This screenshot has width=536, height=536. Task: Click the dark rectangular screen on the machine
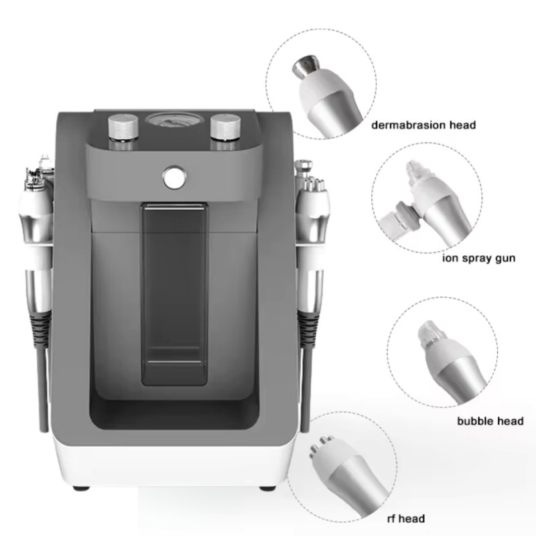[x=174, y=294]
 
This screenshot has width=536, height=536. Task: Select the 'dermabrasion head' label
[x=423, y=125]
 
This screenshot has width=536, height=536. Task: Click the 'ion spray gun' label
[x=478, y=258]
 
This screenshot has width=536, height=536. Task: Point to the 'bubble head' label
[x=490, y=421]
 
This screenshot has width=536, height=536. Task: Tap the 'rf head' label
[x=406, y=518]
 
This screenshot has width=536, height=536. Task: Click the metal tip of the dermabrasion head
[x=306, y=66]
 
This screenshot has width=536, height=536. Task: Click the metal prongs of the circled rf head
[x=321, y=445]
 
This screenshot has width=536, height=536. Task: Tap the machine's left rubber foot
[x=81, y=488]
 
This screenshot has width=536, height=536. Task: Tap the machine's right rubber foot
[x=267, y=488]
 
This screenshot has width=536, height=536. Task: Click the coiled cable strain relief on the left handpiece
[x=40, y=330]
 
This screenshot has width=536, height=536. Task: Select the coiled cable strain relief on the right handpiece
[x=309, y=330]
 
